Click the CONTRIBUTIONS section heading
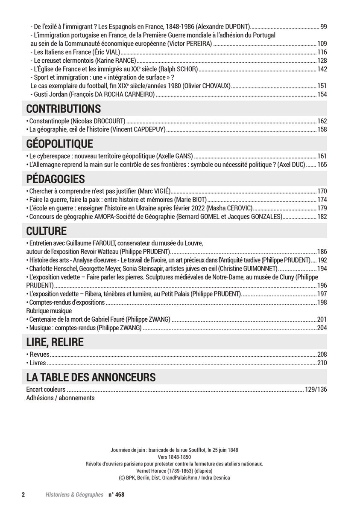coord(64,108)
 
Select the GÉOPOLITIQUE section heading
coord(59,143)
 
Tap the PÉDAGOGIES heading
coord(56,178)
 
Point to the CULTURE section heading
coord(47,231)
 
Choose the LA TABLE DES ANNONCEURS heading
coord(91,377)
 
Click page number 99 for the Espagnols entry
coord(323,27)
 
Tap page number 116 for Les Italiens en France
coord(322,52)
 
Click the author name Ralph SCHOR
coord(182,69)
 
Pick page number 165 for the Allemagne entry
coord(322,164)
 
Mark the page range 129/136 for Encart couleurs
coord(316,389)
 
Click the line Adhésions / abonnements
coord(60,398)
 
